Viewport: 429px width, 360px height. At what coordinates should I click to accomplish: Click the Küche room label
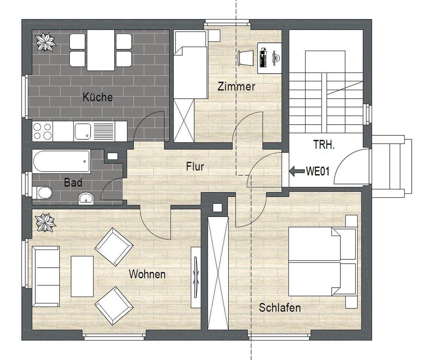[98, 97]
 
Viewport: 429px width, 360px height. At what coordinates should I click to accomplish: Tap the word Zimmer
[236, 87]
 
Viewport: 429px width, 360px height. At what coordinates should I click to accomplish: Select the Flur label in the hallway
[195, 166]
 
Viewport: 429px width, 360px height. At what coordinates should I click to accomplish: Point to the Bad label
[73, 183]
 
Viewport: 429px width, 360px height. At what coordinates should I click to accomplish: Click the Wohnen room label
[147, 274]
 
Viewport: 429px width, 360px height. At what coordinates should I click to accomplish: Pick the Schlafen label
[280, 307]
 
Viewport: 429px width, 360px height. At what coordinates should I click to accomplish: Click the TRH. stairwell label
[324, 145]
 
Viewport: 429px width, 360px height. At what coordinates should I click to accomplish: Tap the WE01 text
[318, 171]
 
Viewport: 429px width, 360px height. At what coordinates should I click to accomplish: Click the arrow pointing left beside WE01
[296, 171]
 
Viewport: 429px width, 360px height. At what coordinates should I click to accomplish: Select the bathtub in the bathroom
[61, 161]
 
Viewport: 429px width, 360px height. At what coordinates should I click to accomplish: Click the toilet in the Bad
[43, 193]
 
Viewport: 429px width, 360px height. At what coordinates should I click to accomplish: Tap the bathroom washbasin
[86, 199]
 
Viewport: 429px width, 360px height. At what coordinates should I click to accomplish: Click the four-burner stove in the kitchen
[43, 131]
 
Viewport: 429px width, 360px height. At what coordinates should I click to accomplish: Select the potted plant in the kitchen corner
[46, 42]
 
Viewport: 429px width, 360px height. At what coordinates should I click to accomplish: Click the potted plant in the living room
[46, 223]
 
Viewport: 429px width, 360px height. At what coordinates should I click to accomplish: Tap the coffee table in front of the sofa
[82, 276]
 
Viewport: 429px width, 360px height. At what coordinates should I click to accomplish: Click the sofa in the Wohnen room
[45, 276]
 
